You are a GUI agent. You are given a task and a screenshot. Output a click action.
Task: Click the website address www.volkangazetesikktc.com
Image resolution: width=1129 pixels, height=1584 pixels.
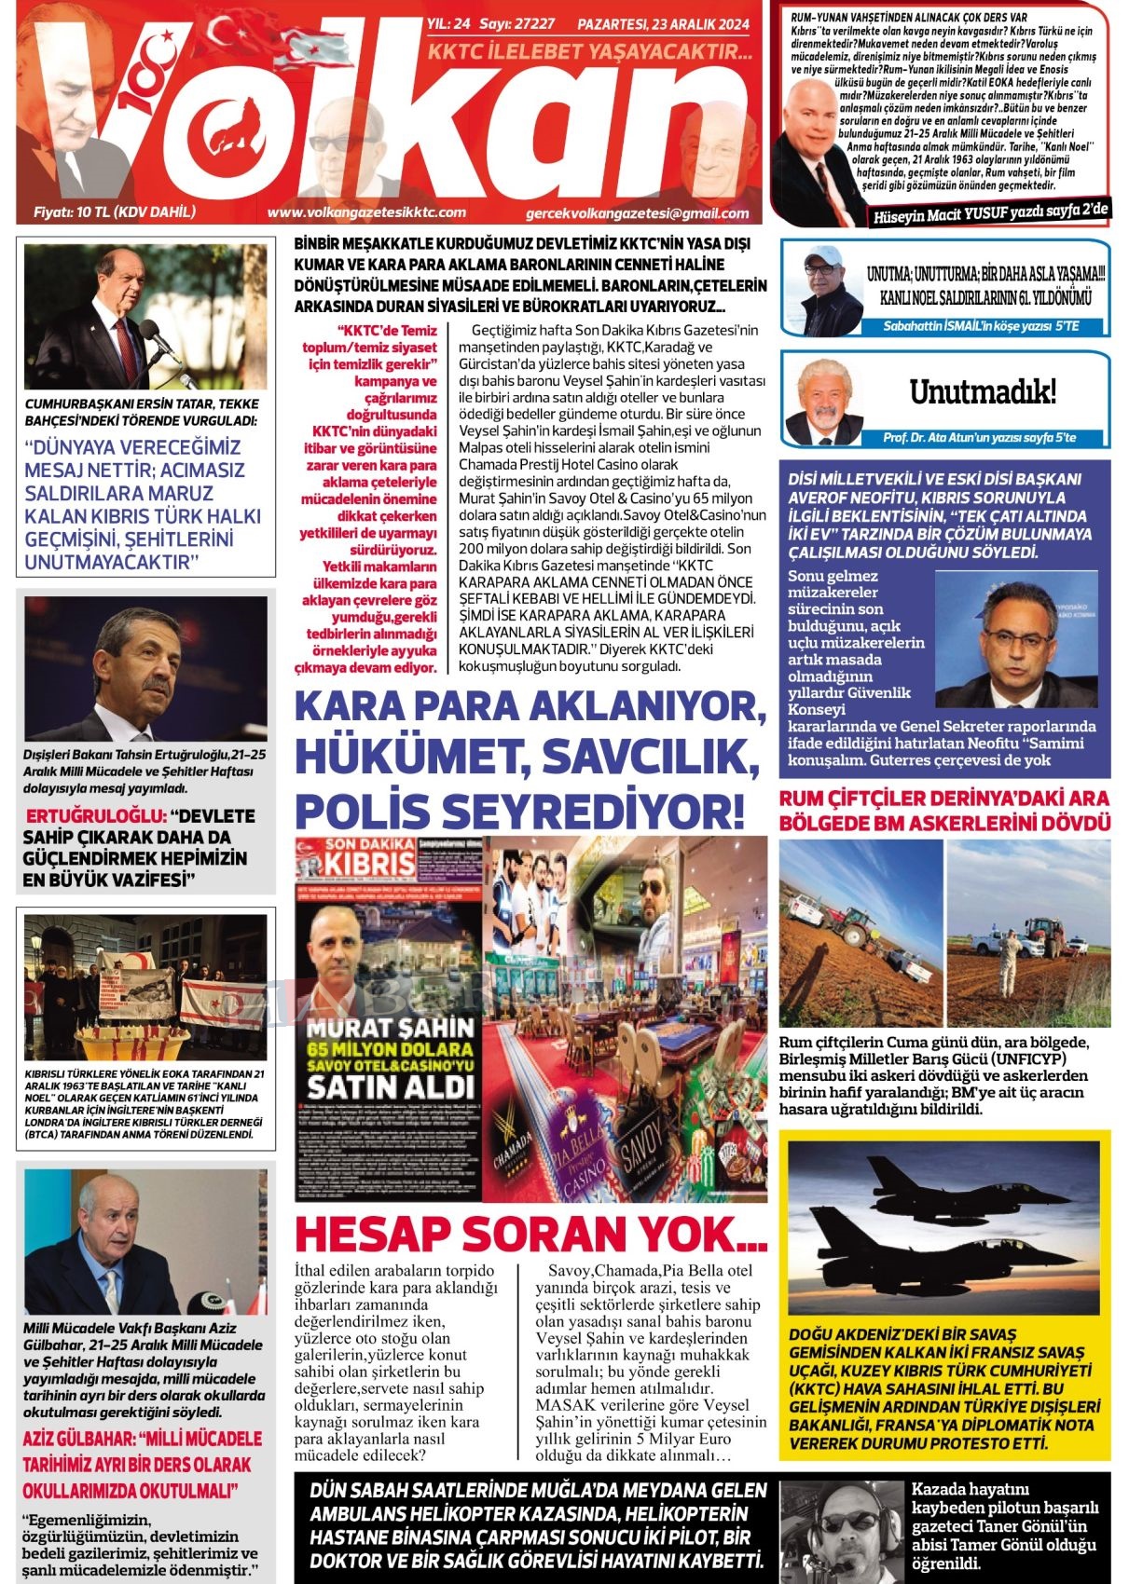[365, 212]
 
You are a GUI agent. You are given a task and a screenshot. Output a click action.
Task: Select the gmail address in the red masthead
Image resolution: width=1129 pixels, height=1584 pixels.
[637, 213]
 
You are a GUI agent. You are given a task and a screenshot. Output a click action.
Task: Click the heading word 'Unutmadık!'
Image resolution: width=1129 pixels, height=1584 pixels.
[983, 392]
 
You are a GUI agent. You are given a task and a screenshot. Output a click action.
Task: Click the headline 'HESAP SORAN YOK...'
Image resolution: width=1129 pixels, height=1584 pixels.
[530, 1234]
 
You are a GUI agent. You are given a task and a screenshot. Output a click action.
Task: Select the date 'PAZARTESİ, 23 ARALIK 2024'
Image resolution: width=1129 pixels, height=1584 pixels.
[663, 25]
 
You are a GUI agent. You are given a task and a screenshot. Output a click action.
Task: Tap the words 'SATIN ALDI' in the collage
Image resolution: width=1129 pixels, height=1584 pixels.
[391, 1086]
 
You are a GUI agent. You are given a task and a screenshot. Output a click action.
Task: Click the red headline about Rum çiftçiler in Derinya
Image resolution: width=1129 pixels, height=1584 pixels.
[944, 811]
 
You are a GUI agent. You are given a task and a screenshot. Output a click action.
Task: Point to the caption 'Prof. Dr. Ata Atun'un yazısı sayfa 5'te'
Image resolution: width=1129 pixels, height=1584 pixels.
[979, 437]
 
